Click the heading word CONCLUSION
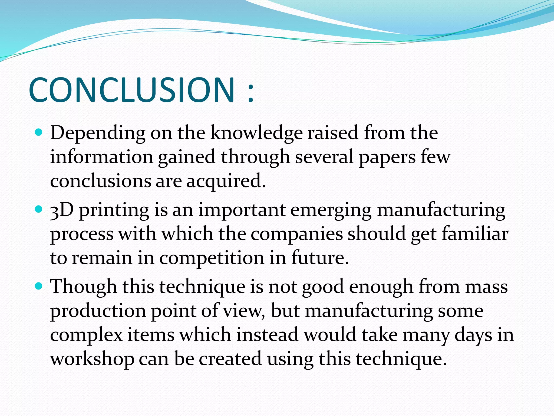click(x=132, y=90)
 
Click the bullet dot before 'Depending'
click(x=39, y=133)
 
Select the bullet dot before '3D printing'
click(x=39, y=209)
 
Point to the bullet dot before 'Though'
click(x=39, y=286)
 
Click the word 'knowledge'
click(x=256, y=133)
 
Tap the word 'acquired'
click(x=226, y=181)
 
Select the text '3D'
click(x=62, y=210)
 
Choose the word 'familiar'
click(x=475, y=234)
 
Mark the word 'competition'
click(x=212, y=258)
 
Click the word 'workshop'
click(x=92, y=359)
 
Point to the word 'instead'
click(x=267, y=335)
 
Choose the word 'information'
click(x=102, y=157)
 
